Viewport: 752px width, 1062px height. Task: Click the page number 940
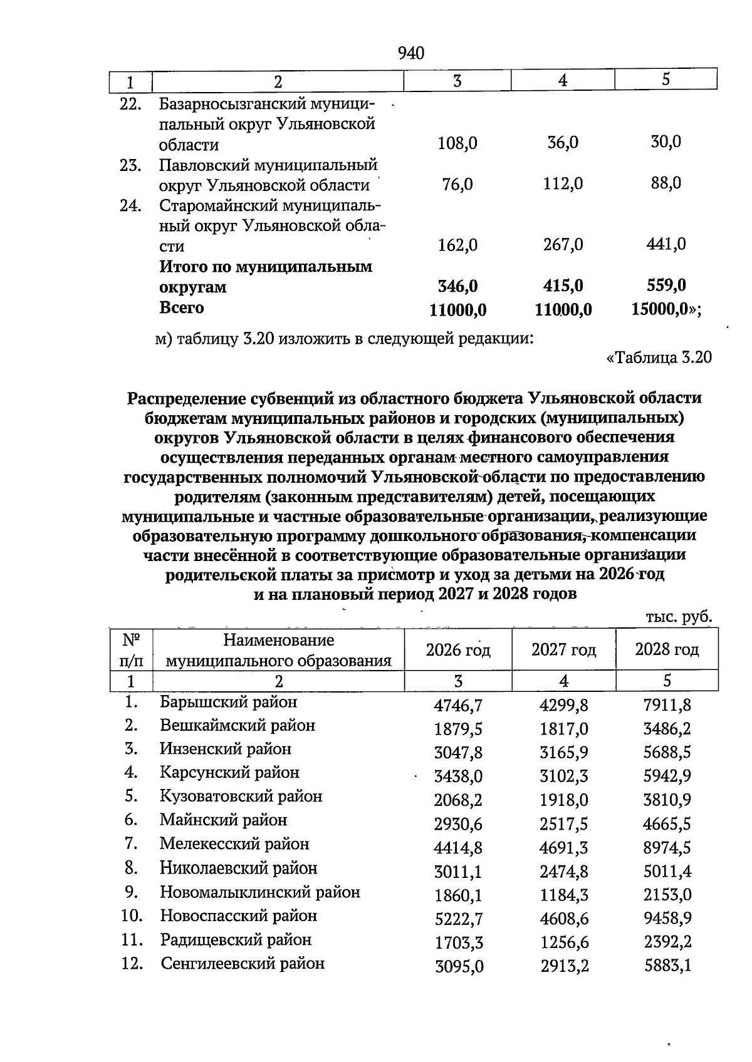(x=411, y=54)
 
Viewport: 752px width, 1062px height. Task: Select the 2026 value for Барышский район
(x=458, y=706)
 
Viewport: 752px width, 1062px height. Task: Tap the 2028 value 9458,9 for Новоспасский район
(x=667, y=919)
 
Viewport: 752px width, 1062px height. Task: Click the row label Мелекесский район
(x=234, y=843)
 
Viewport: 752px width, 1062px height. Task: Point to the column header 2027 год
(x=563, y=650)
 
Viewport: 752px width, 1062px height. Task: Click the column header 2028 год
(x=667, y=649)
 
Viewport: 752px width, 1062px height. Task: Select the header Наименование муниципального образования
(x=278, y=651)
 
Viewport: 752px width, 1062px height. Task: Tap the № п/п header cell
(x=131, y=650)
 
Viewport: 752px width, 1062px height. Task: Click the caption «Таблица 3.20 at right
(x=659, y=358)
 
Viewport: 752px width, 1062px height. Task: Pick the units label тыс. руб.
(x=679, y=617)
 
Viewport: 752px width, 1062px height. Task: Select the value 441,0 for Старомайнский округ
(x=666, y=244)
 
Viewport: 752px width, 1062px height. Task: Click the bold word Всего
(x=182, y=308)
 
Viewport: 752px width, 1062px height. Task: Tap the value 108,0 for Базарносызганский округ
(x=457, y=143)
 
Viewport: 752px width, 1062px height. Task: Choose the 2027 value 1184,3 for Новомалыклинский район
(x=564, y=895)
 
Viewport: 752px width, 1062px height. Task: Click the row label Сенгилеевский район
(x=243, y=963)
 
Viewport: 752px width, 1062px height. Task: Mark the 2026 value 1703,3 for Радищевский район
(x=458, y=942)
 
